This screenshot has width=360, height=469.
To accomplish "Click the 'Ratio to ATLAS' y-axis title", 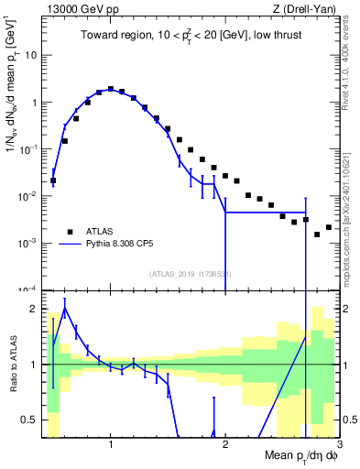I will point(12,364).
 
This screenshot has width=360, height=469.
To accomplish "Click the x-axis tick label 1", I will point(111,446).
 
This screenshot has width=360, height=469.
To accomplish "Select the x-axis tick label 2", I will point(225,446).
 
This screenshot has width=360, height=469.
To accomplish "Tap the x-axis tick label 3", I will point(338,446).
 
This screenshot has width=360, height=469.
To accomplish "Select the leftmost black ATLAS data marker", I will point(53,180).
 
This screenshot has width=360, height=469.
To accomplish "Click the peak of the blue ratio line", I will point(65,308).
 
